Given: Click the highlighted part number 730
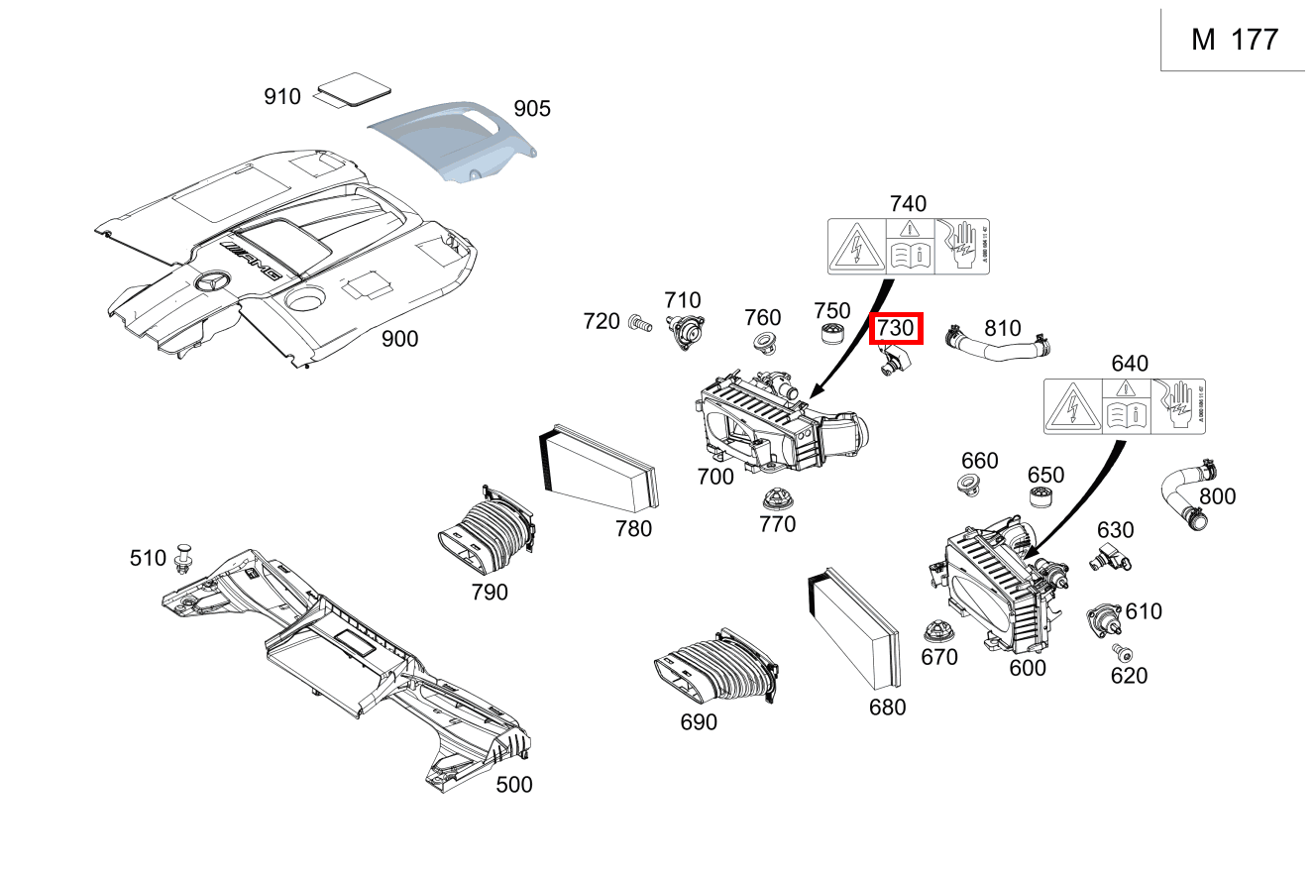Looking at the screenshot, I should click(896, 329).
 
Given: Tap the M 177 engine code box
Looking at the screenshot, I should click(1235, 40).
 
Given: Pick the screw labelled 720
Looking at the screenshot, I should click(638, 322).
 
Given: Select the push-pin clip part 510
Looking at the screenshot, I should click(183, 559).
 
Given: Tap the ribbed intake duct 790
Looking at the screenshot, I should click(485, 536).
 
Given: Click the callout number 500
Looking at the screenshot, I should click(513, 785).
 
